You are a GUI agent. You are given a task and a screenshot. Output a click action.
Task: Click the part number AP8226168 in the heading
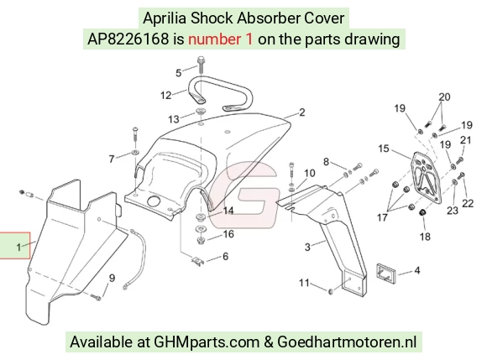128,39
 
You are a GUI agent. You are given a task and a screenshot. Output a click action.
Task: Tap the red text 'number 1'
221,39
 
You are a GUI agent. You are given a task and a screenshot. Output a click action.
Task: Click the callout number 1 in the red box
19,247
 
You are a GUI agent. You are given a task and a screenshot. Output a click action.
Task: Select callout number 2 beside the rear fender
302,112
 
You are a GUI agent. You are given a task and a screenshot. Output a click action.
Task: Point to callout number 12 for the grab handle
166,95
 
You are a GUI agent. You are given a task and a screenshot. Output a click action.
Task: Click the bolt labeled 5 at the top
201,65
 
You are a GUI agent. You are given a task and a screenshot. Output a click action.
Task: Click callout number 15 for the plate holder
384,149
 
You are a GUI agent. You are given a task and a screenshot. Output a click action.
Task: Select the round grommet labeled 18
422,213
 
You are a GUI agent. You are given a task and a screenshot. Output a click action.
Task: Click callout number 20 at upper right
444,97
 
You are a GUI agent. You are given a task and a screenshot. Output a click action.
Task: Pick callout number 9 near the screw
112,278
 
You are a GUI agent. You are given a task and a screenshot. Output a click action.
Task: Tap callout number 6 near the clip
225,256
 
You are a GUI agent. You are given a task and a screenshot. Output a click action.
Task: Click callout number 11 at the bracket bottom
304,283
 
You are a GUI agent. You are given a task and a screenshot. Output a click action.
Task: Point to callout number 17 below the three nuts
382,217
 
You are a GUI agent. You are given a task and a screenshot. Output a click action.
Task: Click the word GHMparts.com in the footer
207,342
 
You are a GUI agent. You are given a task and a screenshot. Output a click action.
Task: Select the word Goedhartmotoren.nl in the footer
347,342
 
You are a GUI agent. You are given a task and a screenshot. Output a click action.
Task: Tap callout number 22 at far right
468,204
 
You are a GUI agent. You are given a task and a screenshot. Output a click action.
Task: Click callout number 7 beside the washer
112,159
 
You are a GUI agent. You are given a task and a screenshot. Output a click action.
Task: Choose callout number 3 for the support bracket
307,247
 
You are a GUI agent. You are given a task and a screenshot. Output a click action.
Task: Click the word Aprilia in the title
165,18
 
